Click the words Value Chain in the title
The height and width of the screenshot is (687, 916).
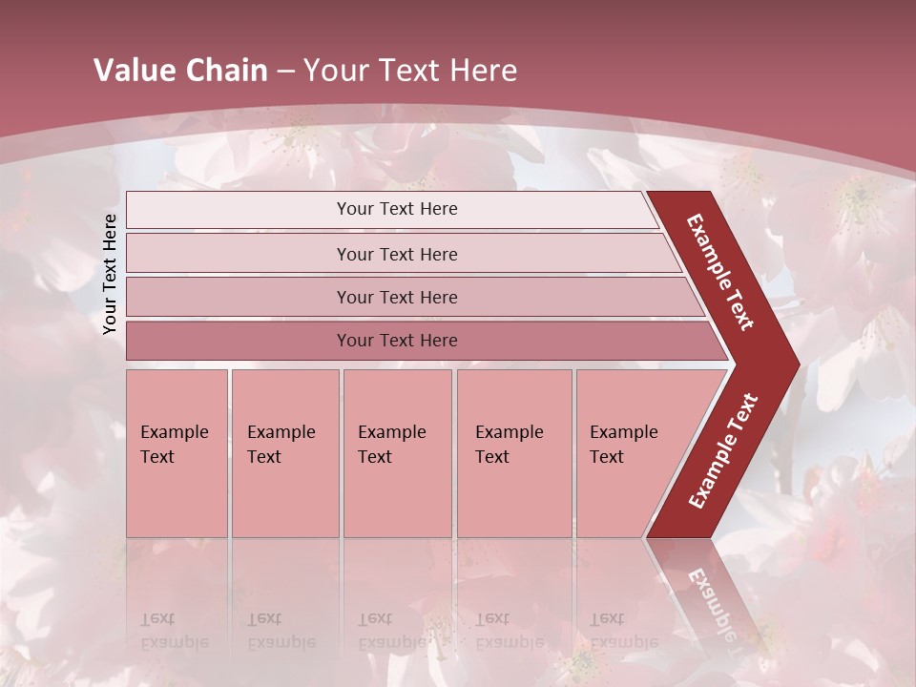click(x=180, y=71)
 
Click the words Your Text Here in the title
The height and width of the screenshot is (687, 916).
click(x=410, y=71)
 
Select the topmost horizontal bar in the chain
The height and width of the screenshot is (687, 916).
click(x=396, y=209)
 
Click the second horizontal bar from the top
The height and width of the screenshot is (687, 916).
click(x=396, y=254)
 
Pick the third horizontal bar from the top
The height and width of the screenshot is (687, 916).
click(x=396, y=297)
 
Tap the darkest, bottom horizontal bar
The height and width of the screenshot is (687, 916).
click(x=396, y=341)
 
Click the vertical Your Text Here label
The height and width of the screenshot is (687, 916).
click(x=110, y=275)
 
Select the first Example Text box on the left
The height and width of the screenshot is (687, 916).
click(x=177, y=453)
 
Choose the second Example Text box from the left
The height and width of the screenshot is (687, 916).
click(x=284, y=453)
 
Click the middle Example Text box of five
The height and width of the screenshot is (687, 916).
click(x=397, y=453)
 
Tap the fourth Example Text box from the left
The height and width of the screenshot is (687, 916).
click(x=513, y=453)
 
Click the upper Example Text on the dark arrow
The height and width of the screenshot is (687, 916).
click(x=720, y=272)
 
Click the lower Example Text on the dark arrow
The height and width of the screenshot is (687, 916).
click(x=723, y=450)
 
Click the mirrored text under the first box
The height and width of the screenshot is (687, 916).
click(x=174, y=631)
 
